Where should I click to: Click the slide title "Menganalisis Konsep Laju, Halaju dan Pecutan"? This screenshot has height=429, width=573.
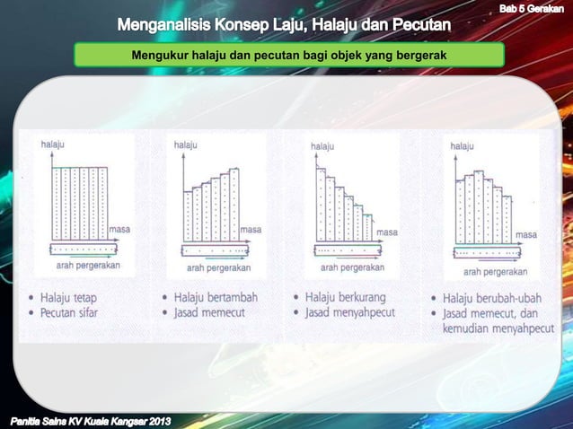point(286,23)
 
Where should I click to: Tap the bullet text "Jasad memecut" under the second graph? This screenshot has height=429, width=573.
point(209,312)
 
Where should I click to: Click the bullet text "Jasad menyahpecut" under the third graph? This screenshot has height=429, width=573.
point(352,313)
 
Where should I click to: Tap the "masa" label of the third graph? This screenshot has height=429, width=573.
point(387,232)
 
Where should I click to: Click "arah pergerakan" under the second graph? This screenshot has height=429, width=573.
point(219,267)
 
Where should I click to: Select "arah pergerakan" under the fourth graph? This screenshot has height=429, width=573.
point(495,271)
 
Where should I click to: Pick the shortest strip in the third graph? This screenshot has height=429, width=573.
point(367,227)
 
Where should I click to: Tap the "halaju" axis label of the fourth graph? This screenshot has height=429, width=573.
point(462,145)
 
